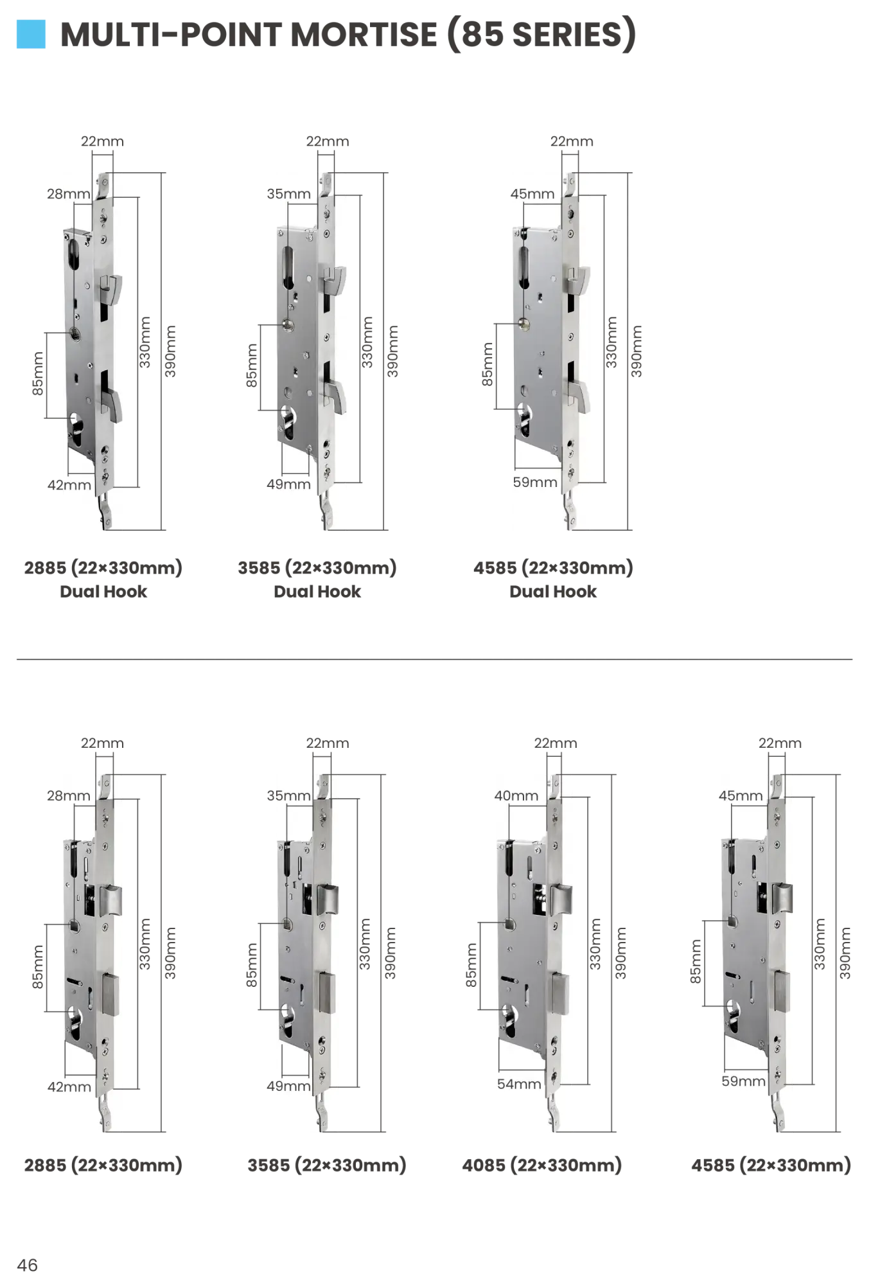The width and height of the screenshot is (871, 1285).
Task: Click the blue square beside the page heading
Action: (x=31, y=35)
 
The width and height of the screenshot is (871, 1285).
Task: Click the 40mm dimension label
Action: (x=516, y=795)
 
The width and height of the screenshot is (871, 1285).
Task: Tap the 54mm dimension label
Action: (x=519, y=1084)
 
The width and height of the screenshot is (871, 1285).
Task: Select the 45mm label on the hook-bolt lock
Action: (x=532, y=193)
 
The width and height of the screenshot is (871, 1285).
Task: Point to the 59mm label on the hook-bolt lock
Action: (x=534, y=482)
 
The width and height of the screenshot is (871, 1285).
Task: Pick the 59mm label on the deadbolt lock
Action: (x=743, y=1081)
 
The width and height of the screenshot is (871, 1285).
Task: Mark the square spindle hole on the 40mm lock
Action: (x=509, y=925)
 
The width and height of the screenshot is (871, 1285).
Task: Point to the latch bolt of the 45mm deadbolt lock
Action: (x=784, y=897)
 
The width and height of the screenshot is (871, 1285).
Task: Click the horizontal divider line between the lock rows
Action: (x=434, y=660)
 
